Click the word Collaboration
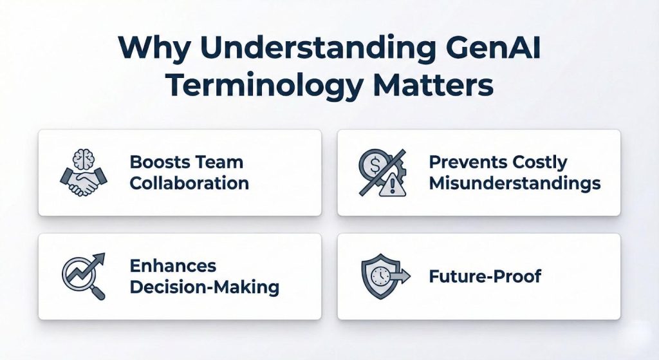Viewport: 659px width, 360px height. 189,183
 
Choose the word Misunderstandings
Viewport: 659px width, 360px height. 515,183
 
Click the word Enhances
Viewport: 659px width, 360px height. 173,266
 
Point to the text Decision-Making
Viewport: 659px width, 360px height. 205,287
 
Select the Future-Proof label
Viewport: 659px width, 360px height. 485,277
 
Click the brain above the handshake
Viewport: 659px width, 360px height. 84,159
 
